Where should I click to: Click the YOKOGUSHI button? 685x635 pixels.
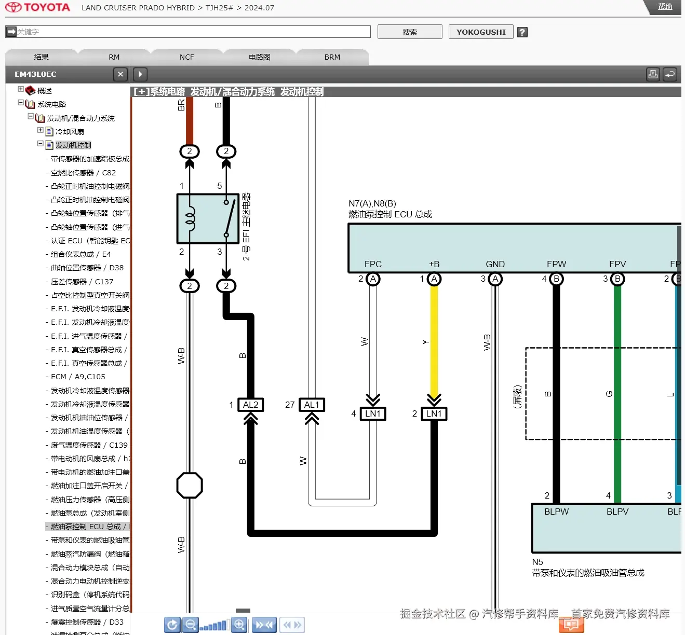click(481, 32)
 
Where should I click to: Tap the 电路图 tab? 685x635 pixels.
click(259, 57)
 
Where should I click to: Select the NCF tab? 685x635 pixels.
click(186, 57)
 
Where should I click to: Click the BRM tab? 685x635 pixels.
click(332, 57)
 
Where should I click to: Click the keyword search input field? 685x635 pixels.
click(192, 32)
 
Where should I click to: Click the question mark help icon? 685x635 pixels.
click(522, 32)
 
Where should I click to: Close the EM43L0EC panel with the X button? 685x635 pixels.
click(120, 74)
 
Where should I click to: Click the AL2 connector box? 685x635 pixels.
click(250, 405)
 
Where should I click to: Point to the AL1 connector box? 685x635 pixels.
click(312, 405)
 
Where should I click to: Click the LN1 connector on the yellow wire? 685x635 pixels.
click(434, 413)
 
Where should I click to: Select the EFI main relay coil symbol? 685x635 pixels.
click(190, 219)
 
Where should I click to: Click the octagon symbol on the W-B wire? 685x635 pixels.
click(190, 486)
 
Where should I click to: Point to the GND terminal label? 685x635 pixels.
click(495, 264)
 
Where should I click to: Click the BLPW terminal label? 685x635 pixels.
click(556, 512)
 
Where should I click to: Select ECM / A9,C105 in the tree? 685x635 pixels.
click(78, 377)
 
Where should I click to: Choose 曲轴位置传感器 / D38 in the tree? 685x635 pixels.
click(87, 268)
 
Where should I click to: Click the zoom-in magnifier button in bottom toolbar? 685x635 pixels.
click(239, 625)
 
